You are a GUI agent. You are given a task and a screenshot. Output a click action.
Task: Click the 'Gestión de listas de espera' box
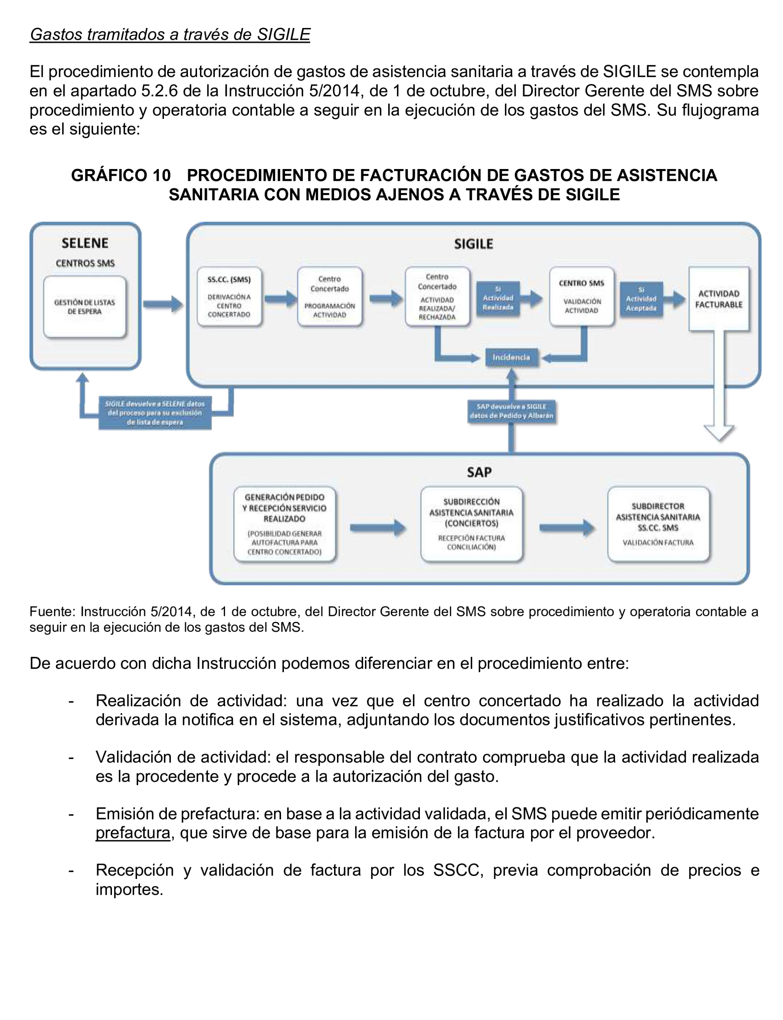pyautogui.click(x=84, y=307)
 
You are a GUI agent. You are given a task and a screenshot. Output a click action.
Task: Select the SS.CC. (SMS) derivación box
pyautogui.click(x=229, y=297)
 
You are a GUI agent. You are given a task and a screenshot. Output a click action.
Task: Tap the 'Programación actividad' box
pyautogui.click(x=330, y=297)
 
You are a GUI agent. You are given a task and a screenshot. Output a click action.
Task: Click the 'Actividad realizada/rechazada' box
pyautogui.click(x=437, y=297)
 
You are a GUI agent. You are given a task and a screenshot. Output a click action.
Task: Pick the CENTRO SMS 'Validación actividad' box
pyautogui.click(x=581, y=297)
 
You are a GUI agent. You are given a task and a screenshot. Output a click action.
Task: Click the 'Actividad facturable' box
pyautogui.click(x=719, y=299)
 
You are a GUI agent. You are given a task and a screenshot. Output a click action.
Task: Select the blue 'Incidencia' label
pyautogui.click(x=511, y=358)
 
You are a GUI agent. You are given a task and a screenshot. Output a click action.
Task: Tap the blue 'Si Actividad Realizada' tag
pyautogui.click(x=498, y=299)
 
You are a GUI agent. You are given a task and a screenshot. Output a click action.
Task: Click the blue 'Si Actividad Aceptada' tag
pyautogui.click(x=641, y=299)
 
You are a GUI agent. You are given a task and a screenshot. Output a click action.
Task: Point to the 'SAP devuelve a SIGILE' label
pyautogui.click(x=511, y=411)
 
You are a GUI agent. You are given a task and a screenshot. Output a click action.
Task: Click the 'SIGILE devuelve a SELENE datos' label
pyautogui.click(x=155, y=413)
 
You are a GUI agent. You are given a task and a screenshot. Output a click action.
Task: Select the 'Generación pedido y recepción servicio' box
pyautogui.click(x=284, y=524)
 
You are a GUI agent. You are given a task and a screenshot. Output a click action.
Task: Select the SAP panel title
pyautogui.click(x=479, y=472)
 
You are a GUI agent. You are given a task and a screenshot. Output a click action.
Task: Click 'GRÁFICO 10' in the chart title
pyautogui.click(x=121, y=176)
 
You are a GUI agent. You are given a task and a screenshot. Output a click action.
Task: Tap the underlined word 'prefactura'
pyautogui.click(x=133, y=833)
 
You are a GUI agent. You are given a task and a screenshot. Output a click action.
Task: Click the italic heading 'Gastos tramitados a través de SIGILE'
pyautogui.click(x=170, y=35)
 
